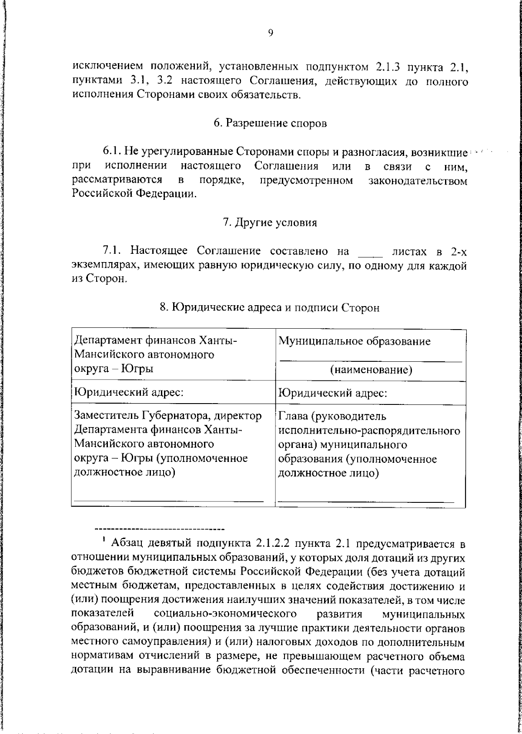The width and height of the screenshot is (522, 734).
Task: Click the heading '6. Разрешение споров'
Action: click(x=270, y=123)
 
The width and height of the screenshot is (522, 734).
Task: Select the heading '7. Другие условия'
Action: click(x=270, y=222)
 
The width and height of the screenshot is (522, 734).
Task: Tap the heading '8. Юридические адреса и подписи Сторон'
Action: click(x=270, y=308)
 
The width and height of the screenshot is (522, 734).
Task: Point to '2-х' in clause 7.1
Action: click(x=458, y=252)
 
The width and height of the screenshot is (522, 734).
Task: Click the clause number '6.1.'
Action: click(x=113, y=152)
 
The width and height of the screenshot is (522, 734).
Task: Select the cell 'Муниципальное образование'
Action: click(x=355, y=341)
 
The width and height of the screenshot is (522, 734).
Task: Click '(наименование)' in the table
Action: click(x=371, y=370)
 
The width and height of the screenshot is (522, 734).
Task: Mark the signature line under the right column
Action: click(x=365, y=502)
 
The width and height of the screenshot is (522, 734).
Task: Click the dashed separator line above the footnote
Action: click(x=159, y=529)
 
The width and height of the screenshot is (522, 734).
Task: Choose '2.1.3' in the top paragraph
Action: click(x=388, y=67)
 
